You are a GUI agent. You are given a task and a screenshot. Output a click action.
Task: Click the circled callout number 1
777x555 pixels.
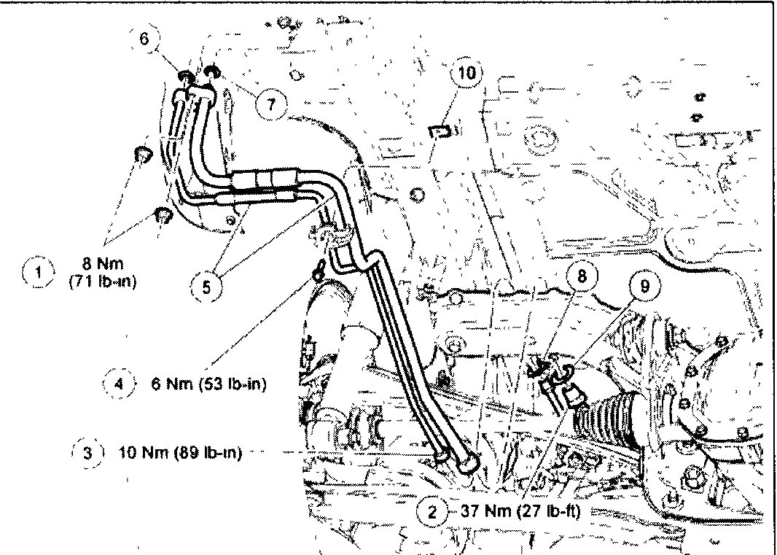[37, 273]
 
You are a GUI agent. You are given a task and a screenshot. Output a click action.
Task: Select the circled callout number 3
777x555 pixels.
[88, 452]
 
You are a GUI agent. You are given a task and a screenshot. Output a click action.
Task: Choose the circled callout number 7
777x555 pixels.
[270, 104]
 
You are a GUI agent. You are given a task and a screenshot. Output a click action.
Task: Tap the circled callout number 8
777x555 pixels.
[582, 277]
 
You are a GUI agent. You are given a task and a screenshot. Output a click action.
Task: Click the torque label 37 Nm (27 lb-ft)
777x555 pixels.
[520, 511]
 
